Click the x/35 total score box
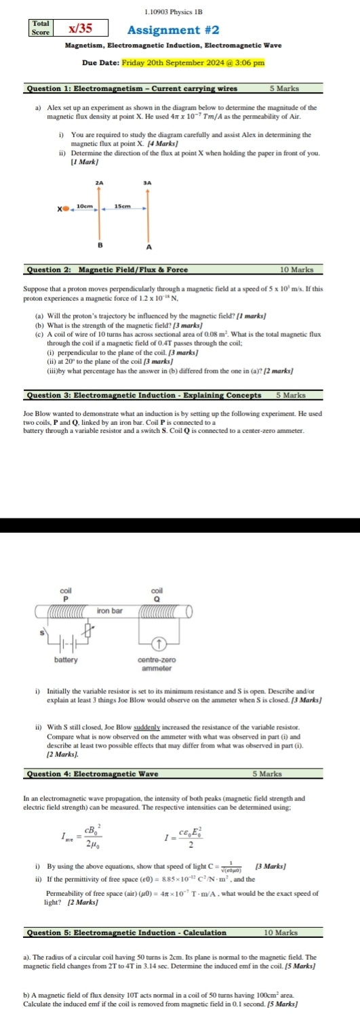(81, 28)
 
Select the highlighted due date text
(193, 63)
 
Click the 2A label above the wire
(100, 183)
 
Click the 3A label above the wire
(147, 183)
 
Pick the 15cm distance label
(122, 205)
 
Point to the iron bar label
(110, 591)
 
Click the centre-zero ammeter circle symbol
(157, 642)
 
